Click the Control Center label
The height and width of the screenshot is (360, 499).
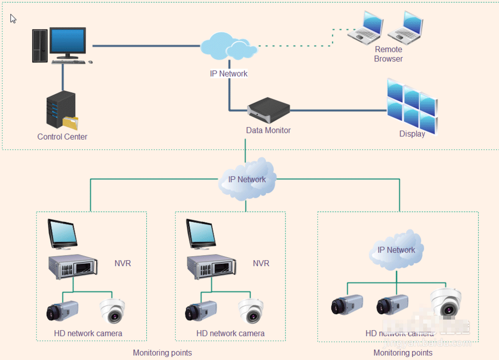click(62, 137)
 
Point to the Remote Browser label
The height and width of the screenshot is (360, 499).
click(388, 54)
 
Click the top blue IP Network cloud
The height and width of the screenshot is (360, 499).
click(229, 46)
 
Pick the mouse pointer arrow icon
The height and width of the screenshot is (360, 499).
click(13, 19)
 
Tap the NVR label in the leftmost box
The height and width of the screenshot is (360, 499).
click(122, 263)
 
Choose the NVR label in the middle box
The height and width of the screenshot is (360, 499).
click(261, 263)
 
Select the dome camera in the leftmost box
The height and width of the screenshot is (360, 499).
click(113, 311)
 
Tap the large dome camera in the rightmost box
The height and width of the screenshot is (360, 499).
click(446, 302)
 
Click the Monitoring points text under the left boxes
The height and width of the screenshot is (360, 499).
click(162, 353)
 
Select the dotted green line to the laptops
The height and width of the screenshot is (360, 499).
click(299, 45)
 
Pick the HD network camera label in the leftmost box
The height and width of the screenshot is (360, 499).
click(88, 333)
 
